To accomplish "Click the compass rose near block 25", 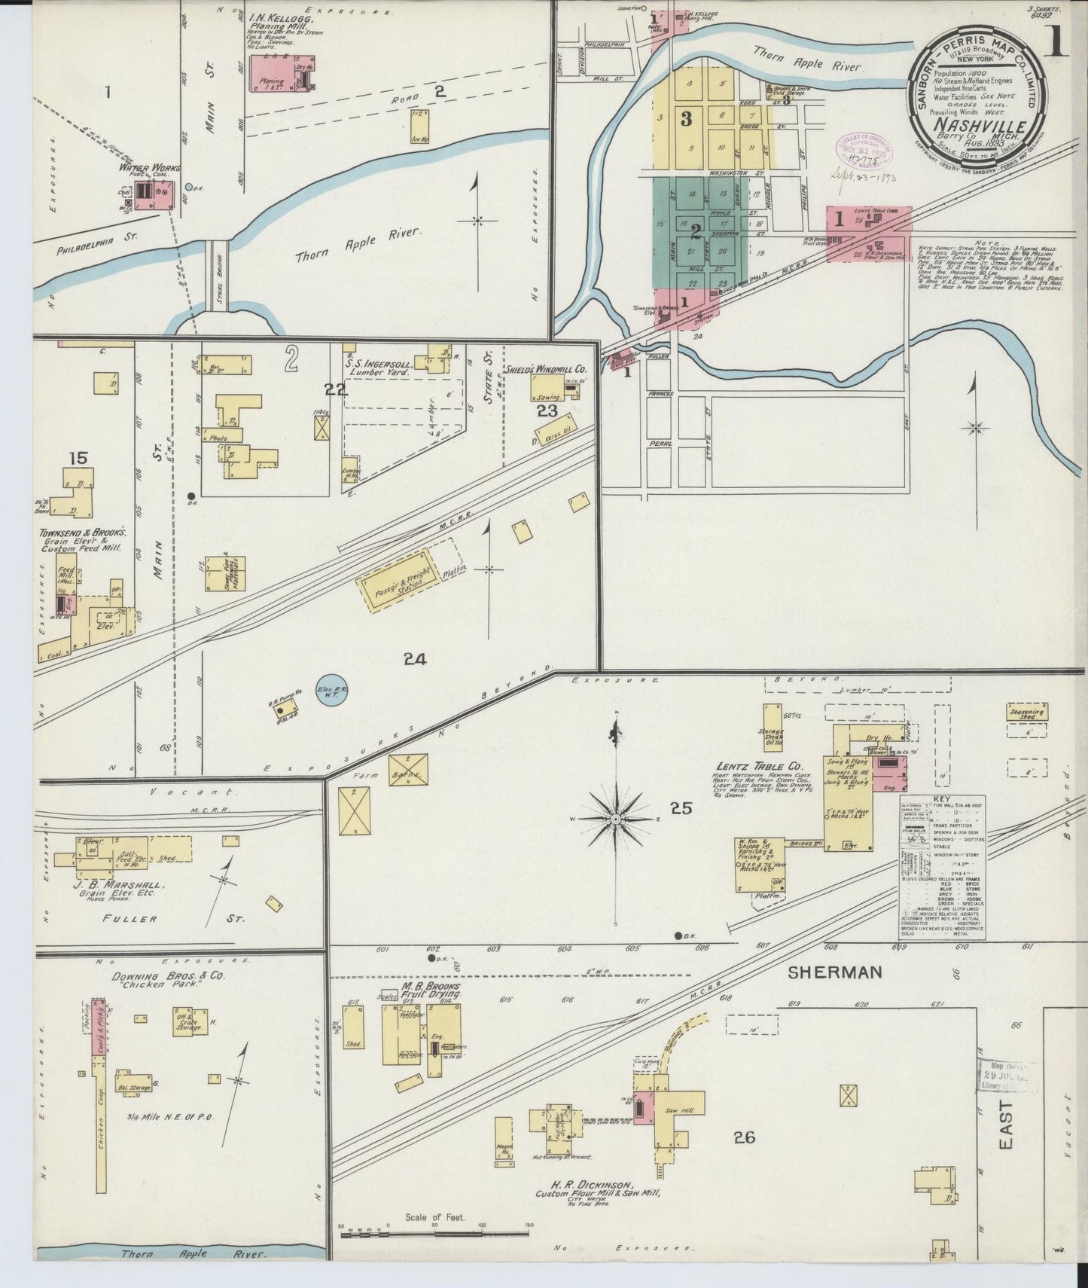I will [616, 819].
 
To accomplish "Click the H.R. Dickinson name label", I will [594, 1185].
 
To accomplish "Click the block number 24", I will [414, 659].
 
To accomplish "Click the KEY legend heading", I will [941, 799].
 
